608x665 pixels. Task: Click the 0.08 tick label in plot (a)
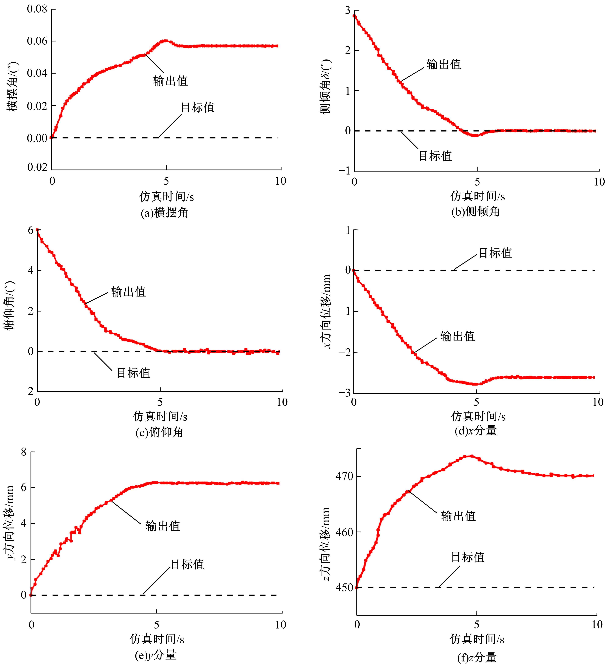[x=37, y=9]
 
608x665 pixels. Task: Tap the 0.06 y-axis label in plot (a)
[x=37, y=41]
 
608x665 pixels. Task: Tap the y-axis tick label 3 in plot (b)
[x=347, y=11]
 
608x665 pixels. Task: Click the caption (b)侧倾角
[x=476, y=211]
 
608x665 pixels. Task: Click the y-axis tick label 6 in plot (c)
[x=31, y=230]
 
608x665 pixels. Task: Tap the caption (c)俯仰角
[x=160, y=432]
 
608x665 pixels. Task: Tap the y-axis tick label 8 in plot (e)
[x=24, y=452]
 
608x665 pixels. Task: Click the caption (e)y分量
[x=156, y=655]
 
